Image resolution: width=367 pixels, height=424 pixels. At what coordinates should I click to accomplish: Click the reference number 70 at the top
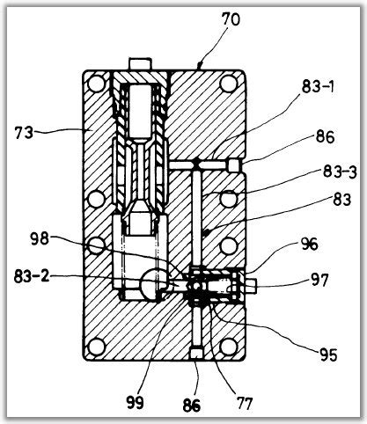point(231,20)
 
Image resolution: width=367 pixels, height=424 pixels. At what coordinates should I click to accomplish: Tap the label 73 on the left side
point(24,134)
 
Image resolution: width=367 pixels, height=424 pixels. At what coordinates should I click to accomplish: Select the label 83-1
point(318,87)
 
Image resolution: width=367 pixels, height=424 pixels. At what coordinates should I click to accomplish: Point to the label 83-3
point(340,172)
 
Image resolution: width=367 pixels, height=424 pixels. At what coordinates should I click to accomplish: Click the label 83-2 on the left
point(32,276)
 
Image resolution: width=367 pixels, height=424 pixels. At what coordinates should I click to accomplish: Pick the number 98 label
point(40,239)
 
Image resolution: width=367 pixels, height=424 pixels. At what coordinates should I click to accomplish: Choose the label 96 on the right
point(309,245)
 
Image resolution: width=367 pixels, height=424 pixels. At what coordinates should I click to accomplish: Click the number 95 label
point(328,355)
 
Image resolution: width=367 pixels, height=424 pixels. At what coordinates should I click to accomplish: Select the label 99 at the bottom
point(136,402)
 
